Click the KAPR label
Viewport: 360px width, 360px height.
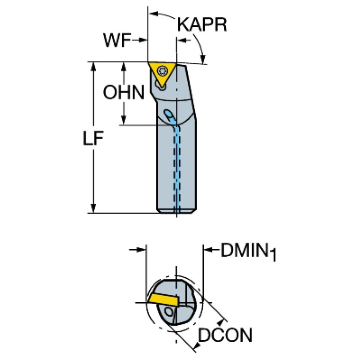202,24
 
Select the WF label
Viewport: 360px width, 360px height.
117,40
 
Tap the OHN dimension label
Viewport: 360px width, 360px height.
124,92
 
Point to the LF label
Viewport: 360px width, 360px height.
93,138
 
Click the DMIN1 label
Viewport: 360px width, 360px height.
248,252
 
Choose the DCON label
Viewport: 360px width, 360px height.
225,335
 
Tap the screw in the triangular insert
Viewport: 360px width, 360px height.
162,71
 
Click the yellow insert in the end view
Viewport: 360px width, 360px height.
163,299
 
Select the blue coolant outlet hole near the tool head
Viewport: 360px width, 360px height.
169,114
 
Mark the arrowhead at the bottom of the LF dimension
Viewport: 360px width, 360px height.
93,208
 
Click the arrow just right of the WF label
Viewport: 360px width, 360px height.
140,40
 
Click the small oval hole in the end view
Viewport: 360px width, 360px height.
170,312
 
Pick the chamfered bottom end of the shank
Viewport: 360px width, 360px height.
176,212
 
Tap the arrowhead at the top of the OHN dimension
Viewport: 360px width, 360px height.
124,67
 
